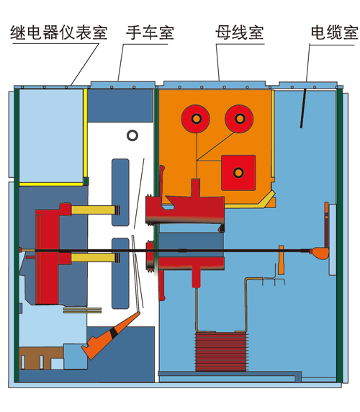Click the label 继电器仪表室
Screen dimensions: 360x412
59,32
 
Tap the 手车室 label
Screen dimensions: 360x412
150,32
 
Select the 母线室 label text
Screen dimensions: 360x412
240,32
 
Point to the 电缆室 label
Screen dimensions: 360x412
335,32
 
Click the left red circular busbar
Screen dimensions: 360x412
196,119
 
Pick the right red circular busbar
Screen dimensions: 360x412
239,119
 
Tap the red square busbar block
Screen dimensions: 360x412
238,173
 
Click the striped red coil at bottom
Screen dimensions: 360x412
221,351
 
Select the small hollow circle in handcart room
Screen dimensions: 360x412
132,135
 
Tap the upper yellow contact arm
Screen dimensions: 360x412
93,210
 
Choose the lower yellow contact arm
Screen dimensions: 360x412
93,258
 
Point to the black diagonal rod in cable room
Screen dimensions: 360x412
303,109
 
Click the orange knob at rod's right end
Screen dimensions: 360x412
320,253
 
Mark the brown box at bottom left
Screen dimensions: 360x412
41,358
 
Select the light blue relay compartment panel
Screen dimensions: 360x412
51,135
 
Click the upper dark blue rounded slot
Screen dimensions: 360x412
120,192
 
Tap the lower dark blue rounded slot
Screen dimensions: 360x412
120,273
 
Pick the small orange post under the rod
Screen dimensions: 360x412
281,260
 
